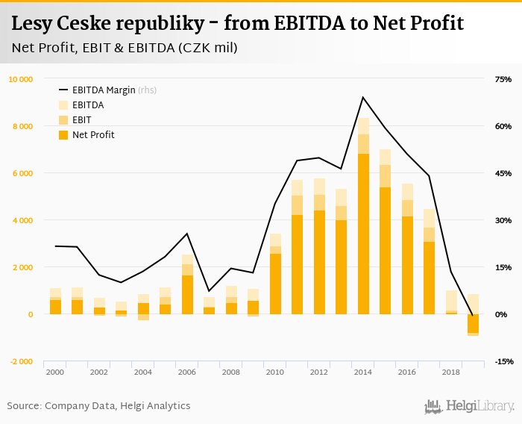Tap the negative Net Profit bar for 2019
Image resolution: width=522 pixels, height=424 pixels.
click(x=473, y=323)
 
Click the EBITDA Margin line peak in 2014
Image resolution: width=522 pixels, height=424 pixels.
click(x=363, y=97)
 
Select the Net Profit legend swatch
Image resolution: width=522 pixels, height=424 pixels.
click(x=63, y=135)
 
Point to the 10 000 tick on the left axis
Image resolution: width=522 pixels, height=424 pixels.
click(x=21, y=79)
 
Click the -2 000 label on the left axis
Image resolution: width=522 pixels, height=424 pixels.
click(x=21, y=361)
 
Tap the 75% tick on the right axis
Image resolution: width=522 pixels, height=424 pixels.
click(x=503, y=79)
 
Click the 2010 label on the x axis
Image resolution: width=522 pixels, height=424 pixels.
click(x=275, y=371)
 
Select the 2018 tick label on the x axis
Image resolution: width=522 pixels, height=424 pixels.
click(x=451, y=371)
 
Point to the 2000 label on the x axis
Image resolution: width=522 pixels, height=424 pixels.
click(x=55, y=371)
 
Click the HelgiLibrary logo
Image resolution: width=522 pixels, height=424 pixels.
click(x=470, y=406)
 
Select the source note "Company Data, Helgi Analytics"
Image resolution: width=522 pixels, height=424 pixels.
click(x=118, y=406)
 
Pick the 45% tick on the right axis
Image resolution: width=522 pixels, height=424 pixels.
click(x=503, y=173)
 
